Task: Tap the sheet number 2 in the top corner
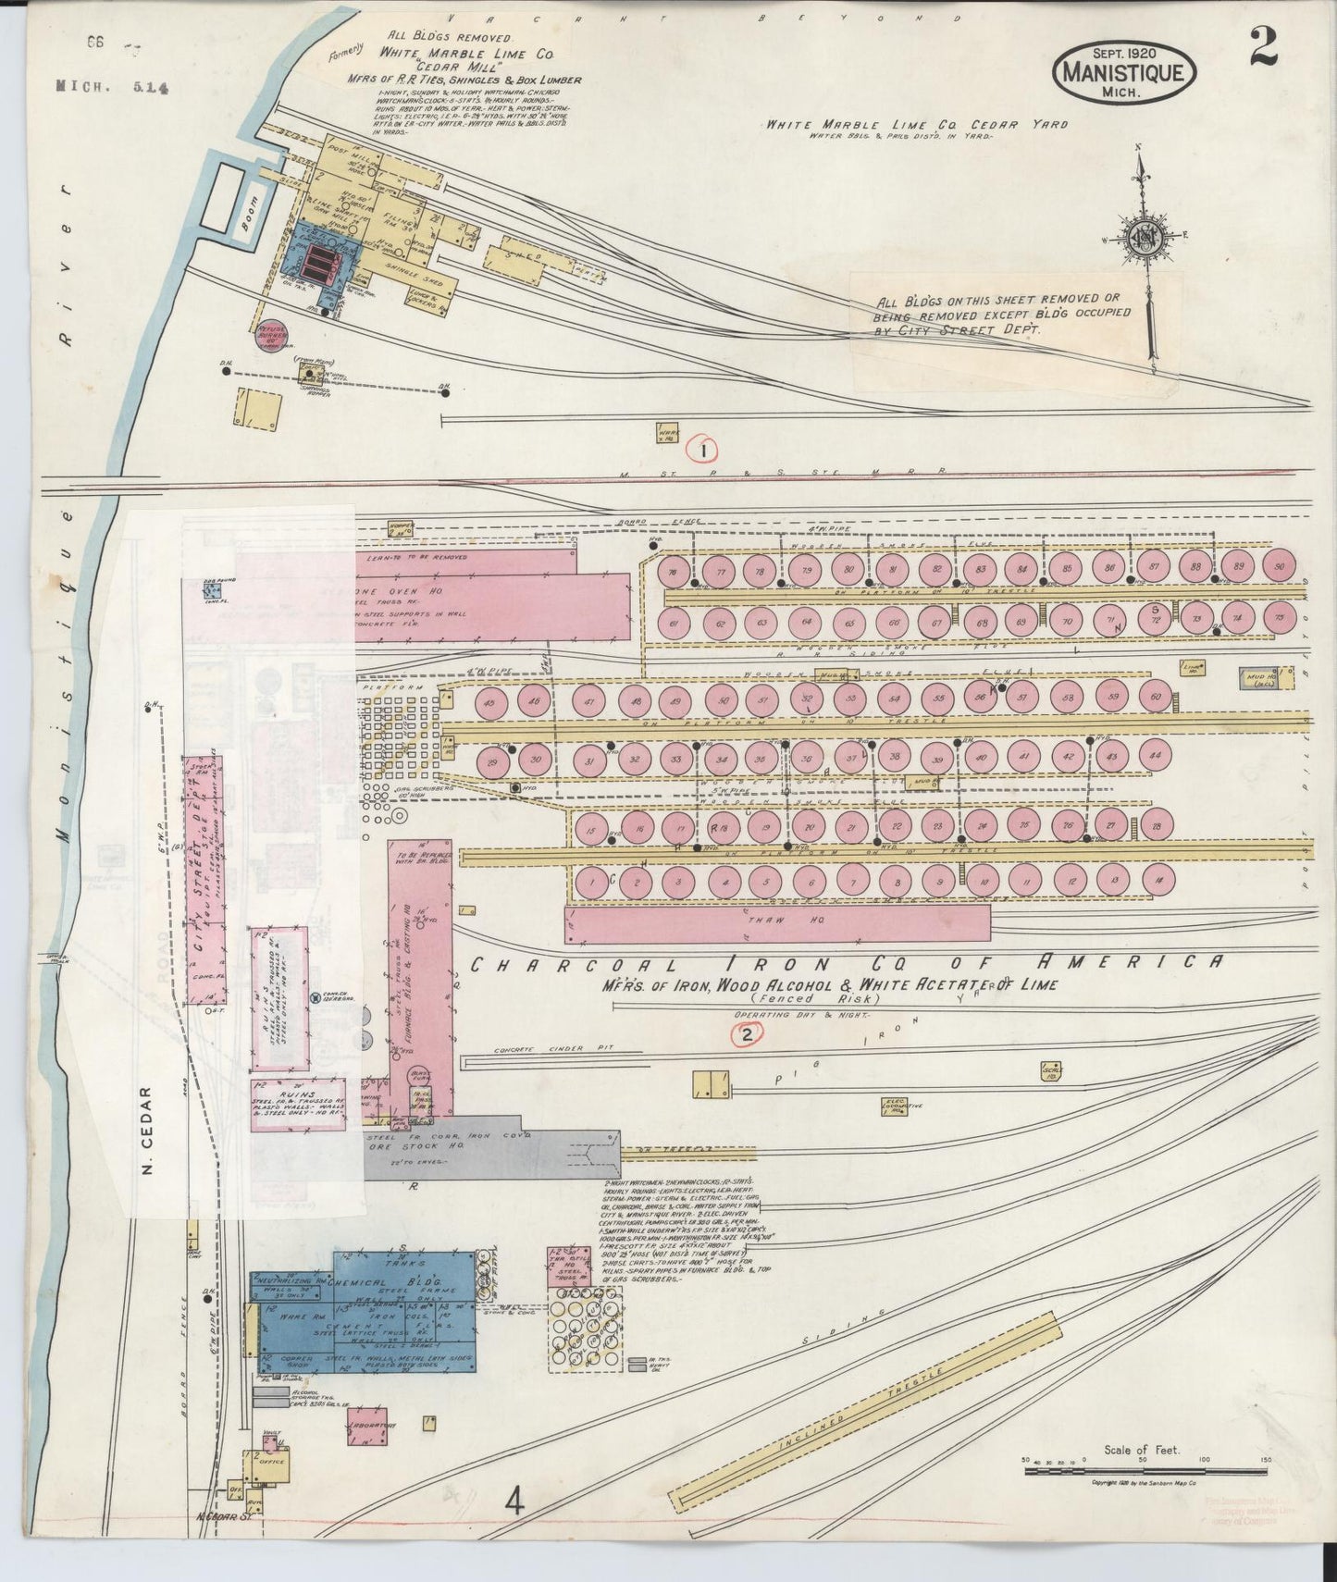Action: (x=1262, y=47)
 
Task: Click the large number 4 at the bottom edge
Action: (x=514, y=1502)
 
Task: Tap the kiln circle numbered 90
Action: (x=1280, y=567)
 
